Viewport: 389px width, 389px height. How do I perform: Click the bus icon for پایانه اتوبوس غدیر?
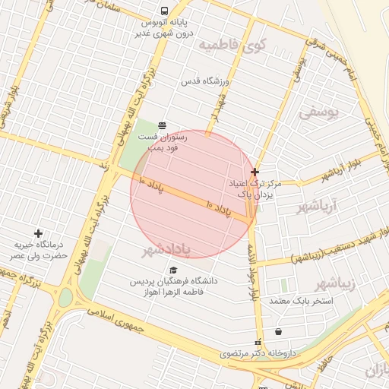(164, 11)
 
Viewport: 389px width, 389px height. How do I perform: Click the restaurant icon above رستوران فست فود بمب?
(161, 125)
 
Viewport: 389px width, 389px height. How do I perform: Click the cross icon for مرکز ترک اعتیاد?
(255, 172)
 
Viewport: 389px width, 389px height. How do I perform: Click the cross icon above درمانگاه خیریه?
(38, 233)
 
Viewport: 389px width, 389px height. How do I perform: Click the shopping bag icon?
(278, 331)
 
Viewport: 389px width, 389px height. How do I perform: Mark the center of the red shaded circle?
(192, 193)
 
